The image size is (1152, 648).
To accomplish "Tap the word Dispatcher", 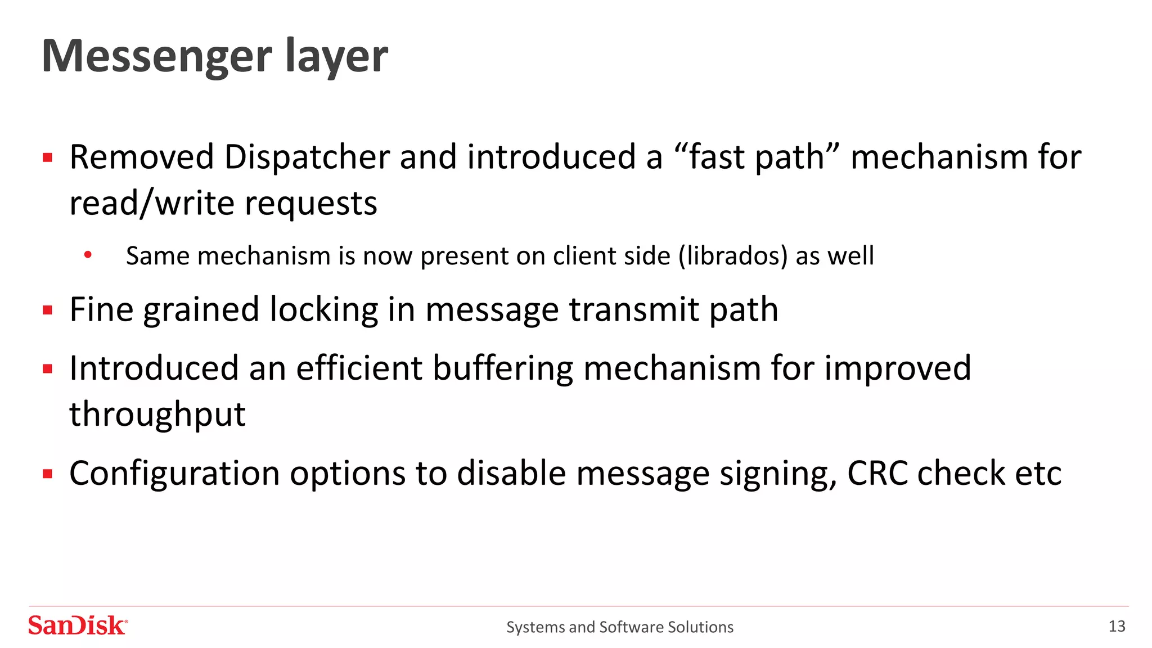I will pos(307,157).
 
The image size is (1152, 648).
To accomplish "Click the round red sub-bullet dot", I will pos(88,255).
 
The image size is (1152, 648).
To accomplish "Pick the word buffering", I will pos(503,368).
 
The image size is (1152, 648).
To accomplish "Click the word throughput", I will pos(157,415).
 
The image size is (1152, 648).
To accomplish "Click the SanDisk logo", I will pos(78,626).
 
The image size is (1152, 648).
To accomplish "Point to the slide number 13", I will pos(1117,626).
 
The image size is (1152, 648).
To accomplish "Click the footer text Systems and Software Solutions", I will pos(620,627).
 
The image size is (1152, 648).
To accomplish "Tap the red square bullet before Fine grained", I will pos(48,310).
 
